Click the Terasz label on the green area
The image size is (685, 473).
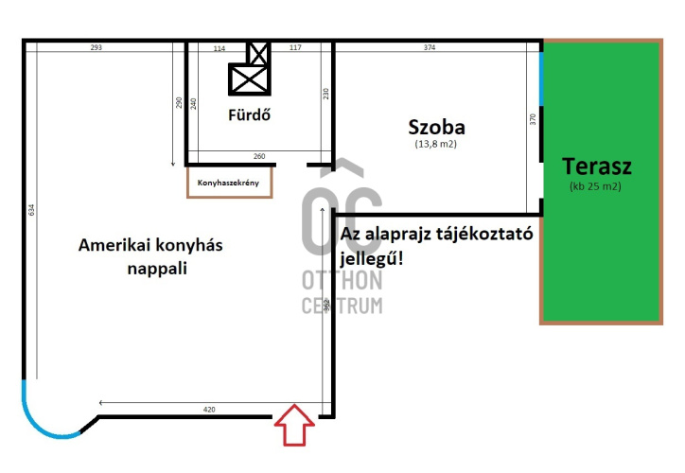click(596, 166)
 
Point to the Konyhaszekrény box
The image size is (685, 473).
click(230, 183)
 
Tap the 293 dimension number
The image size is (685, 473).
click(97, 47)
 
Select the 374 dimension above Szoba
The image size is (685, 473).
click(430, 47)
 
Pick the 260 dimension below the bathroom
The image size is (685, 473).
click(259, 157)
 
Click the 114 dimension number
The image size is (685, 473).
click(220, 47)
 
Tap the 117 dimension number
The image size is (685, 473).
click(295, 47)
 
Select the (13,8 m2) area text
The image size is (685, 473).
click(436, 145)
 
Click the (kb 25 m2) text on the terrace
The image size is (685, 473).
click(595, 186)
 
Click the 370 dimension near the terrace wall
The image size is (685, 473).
click(533, 119)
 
